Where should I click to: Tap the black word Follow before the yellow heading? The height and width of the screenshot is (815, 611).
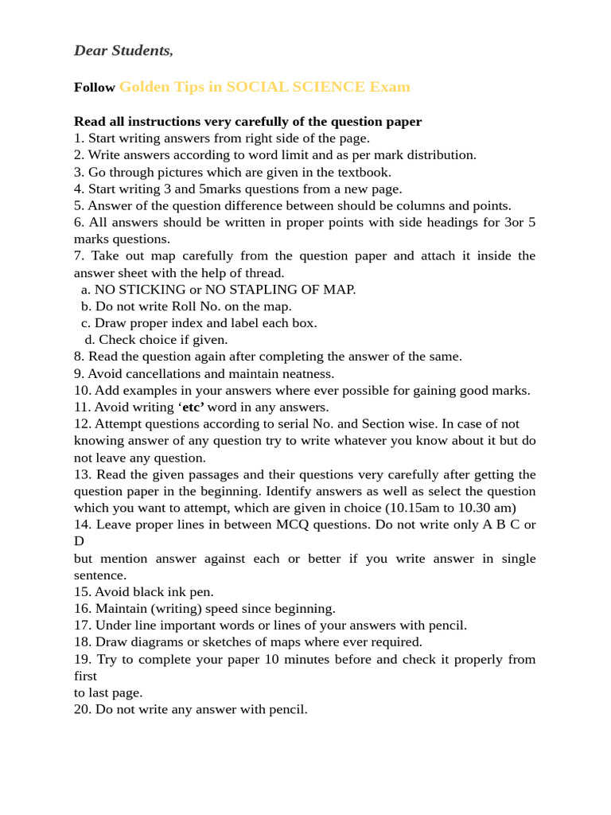click(95, 88)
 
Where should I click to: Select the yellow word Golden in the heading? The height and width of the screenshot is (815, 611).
click(144, 87)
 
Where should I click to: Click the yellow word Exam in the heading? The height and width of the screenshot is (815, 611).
click(390, 87)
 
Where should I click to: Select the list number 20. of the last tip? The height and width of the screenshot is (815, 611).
click(83, 709)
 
